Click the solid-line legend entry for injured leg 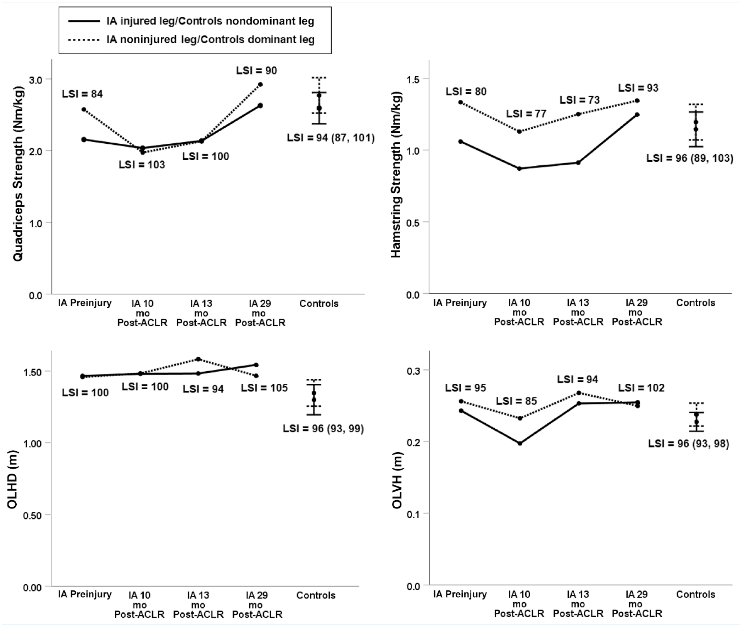click(x=191, y=21)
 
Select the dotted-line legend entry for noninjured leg click(x=191, y=40)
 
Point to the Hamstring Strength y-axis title click(x=396, y=174)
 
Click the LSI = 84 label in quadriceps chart click(x=82, y=94)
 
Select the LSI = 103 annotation click(x=142, y=165)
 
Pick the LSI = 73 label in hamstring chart click(x=580, y=100)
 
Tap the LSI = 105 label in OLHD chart click(x=264, y=387)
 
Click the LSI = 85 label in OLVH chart click(x=517, y=401)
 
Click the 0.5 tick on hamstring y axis click(x=414, y=222)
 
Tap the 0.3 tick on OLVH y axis click(x=414, y=370)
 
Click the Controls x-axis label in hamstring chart click(x=696, y=303)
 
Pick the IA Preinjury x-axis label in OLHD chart click(x=85, y=594)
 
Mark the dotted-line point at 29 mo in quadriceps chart click(x=260, y=85)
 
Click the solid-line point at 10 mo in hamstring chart click(x=519, y=168)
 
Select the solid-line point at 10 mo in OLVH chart click(x=520, y=443)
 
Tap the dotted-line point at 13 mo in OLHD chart click(x=198, y=359)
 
